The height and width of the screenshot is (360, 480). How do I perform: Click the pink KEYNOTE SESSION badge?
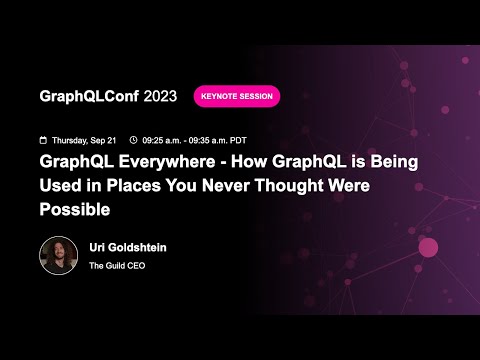tap(237, 96)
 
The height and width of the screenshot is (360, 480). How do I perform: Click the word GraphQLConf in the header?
tap(89, 96)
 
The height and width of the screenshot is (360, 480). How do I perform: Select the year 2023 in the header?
tap(161, 96)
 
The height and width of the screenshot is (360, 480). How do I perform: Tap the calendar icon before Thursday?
tap(42, 140)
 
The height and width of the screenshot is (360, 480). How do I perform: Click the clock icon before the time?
tap(133, 140)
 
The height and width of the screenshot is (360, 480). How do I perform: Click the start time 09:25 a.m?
tap(163, 140)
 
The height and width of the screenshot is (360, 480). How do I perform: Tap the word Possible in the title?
tap(73, 210)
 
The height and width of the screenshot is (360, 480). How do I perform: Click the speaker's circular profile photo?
tap(58, 255)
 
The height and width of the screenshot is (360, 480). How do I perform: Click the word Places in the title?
tap(136, 186)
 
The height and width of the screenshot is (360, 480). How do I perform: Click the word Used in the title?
tap(61, 186)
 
